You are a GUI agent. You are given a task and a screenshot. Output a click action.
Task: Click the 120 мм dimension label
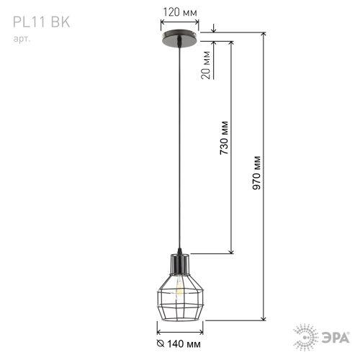[x=180, y=12]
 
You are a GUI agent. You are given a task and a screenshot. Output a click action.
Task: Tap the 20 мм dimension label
[x=206, y=65]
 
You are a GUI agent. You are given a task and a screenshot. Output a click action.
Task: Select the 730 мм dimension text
[x=224, y=138]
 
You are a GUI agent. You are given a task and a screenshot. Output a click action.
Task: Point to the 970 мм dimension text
[x=256, y=173]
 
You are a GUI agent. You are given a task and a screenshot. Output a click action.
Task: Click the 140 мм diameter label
[x=184, y=344]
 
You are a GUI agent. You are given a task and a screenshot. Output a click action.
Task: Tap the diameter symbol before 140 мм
[x=161, y=343]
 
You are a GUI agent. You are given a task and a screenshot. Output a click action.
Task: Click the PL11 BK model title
[x=41, y=22]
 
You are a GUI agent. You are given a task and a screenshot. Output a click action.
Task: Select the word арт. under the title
[x=22, y=39]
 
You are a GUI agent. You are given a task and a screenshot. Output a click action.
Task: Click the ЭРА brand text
[x=336, y=338]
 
